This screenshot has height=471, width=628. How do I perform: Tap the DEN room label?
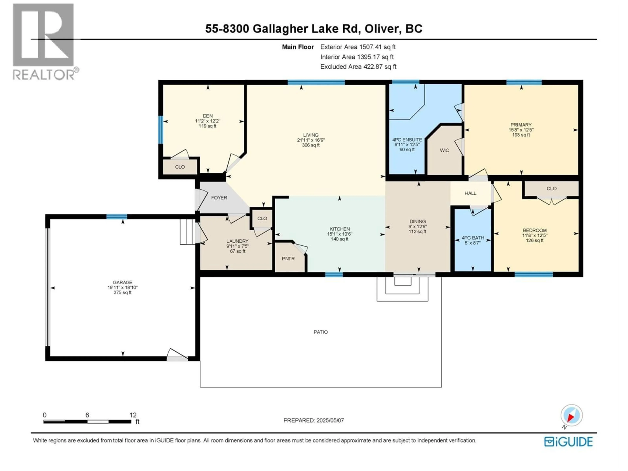[x=208, y=116]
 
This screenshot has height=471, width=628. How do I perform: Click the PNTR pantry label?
[x=288, y=259]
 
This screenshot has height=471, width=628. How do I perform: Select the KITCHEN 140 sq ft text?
[x=340, y=239]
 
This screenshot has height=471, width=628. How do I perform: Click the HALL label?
[x=471, y=193]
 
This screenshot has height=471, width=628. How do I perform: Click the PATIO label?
[x=321, y=332]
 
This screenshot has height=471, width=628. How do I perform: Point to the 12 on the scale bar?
[x=133, y=415]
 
